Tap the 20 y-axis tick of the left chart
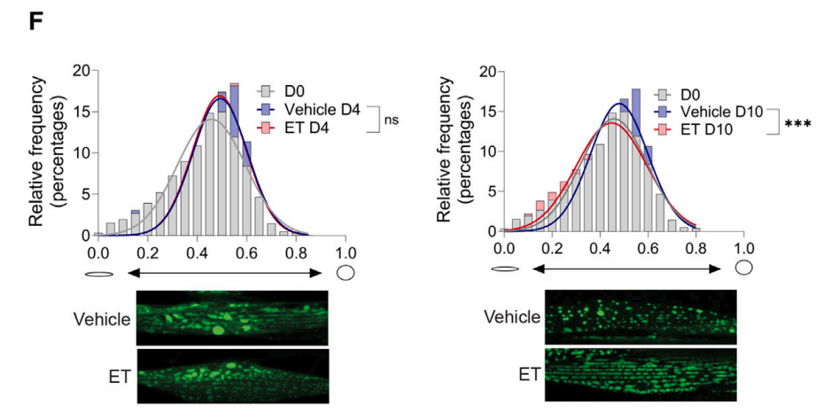click(x=82, y=70)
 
